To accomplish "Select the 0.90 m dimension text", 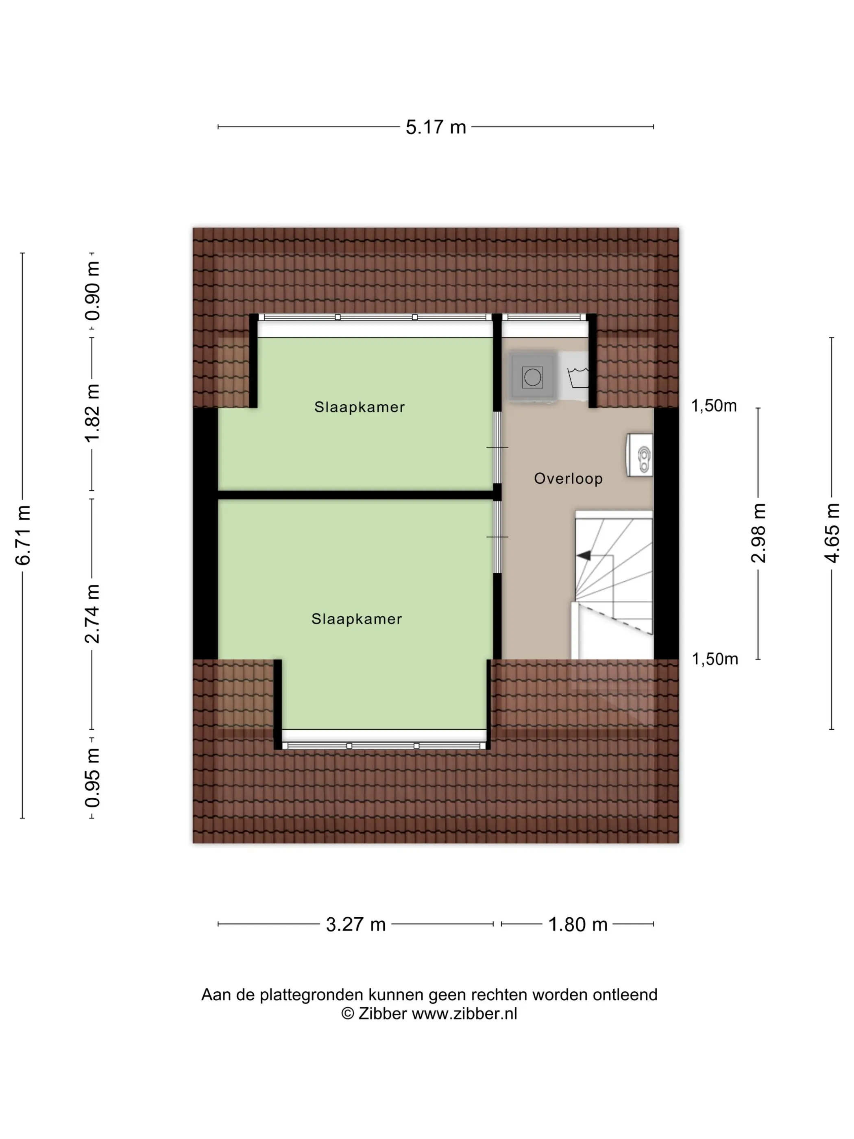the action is (x=93, y=291).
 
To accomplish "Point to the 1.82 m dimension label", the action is (x=93, y=413).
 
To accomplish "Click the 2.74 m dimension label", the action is (x=93, y=614).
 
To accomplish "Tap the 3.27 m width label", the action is (x=356, y=924).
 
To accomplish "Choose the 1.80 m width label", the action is (x=577, y=924).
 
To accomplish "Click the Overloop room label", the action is (x=568, y=479).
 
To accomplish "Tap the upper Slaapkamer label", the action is (x=359, y=407).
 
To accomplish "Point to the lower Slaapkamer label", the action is (x=356, y=619).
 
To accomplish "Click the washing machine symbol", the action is (x=532, y=376).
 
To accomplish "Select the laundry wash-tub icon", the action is (x=578, y=377).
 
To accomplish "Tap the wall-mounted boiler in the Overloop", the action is (x=640, y=455).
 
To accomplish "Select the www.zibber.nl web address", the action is (x=464, y=1013).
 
